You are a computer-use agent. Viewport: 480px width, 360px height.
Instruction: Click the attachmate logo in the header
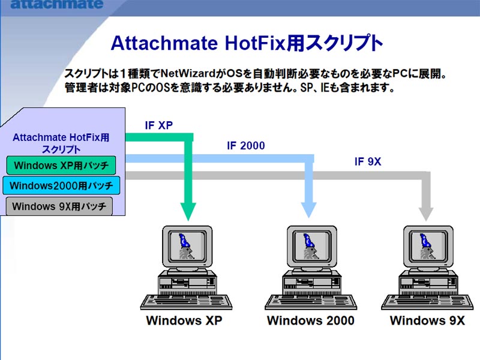click(x=57, y=4)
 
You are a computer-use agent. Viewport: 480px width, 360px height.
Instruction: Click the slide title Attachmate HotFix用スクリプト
click(x=247, y=43)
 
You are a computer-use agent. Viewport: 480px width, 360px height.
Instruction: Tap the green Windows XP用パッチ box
click(x=61, y=166)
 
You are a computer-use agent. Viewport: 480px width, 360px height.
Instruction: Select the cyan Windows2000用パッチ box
click(x=61, y=185)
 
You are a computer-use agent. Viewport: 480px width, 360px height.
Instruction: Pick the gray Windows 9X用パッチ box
click(x=59, y=206)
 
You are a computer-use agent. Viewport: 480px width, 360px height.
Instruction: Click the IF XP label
click(x=159, y=125)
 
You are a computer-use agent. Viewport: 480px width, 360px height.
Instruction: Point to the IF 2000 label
click(x=246, y=146)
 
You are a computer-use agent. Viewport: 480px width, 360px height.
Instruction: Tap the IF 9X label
click(x=368, y=161)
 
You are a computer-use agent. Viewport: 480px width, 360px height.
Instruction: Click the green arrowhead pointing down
click(x=188, y=211)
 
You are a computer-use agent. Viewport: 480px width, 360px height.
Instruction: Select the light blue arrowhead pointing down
click(x=308, y=210)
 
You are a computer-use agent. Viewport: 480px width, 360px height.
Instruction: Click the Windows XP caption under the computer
click(x=184, y=320)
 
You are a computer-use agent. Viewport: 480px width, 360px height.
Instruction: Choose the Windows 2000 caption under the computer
click(x=311, y=320)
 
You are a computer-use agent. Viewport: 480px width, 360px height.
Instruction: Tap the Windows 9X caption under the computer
click(x=427, y=320)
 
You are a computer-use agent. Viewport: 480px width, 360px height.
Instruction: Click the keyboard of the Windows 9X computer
click(x=427, y=302)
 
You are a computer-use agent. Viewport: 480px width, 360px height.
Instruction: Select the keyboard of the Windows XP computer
click(x=186, y=302)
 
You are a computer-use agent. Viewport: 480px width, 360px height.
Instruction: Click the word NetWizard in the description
click(x=188, y=73)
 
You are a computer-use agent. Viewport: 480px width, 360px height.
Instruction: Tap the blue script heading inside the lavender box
click(x=61, y=143)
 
